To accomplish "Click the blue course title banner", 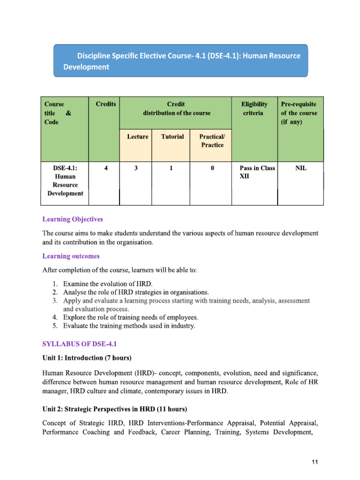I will (x=181, y=61).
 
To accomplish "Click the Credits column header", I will (x=106, y=104).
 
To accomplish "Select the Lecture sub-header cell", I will (x=137, y=137).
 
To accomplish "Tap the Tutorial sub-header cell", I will (x=172, y=137).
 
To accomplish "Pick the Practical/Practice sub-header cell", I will (x=212, y=141).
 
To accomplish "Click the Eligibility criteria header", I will (x=254, y=108).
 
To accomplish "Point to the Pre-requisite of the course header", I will (x=300, y=112).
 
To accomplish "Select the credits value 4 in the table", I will (x=105, y=168).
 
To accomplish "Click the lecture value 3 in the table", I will (x=136, y=168).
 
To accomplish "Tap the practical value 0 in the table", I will (x=212, y=168).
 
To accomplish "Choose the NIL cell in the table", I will (x=300, y=168).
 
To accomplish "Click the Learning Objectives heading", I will (x=73, y=219).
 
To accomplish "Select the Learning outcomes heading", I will (x=71, y=256).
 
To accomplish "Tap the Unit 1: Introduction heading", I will (x=87, y=358).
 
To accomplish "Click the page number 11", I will (x=315, y=463).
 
